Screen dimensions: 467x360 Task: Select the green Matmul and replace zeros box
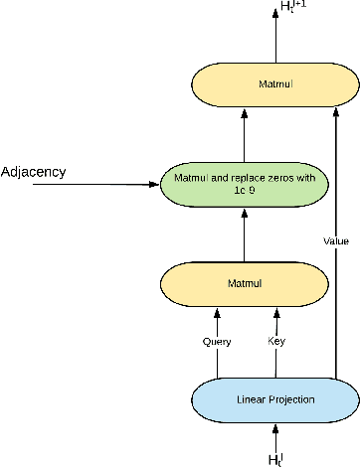[x=245, y=184]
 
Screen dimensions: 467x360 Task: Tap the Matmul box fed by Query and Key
[x=245, y=283]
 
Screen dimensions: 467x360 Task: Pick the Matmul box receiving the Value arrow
[x=245, y=86]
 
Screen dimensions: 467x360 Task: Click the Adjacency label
[x=34, y=172]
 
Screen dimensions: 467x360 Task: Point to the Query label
[x=218, y=342]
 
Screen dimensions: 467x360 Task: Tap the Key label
[x=276, y=342]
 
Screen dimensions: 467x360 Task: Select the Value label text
[x=336, y=240]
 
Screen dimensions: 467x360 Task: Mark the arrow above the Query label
[x=218, y=320]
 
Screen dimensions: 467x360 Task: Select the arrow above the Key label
[x=276, y=320]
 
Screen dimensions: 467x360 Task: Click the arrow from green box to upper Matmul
[x=245, y=135]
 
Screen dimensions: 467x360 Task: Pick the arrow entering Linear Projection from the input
[x=277, y=435]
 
